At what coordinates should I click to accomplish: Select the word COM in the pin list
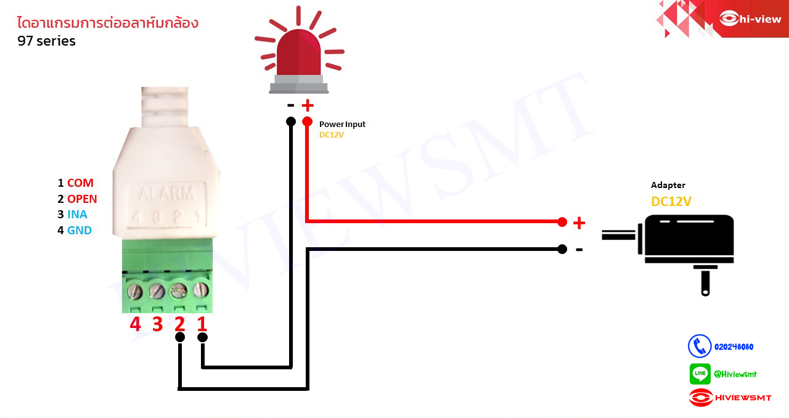80,183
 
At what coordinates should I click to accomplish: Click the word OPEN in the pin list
82,199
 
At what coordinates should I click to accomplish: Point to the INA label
77,215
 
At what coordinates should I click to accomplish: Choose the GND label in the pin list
79,231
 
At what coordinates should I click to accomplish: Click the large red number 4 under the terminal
136,324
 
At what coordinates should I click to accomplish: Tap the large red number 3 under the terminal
158,324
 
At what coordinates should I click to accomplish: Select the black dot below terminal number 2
180,337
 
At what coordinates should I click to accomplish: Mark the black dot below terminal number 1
202,337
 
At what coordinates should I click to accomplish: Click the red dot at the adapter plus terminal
562,222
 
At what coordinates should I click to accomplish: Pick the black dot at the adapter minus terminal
562,249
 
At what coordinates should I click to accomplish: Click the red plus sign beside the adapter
579,223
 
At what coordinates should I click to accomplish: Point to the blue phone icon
700,346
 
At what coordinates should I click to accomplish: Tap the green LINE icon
700,374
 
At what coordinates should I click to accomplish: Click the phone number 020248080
734,347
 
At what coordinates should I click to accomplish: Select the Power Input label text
342,125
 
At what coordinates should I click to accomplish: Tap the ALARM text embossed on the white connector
166,194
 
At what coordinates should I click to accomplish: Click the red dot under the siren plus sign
307,121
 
